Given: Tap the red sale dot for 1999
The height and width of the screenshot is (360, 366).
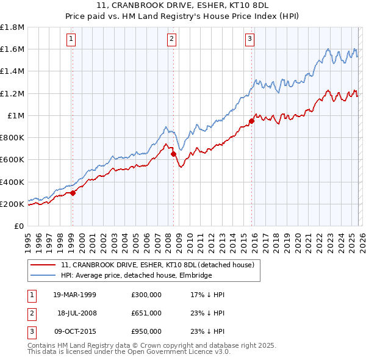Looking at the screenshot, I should (x=73, y=193).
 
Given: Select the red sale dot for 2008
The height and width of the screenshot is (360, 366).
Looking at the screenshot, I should (x=173, y=154).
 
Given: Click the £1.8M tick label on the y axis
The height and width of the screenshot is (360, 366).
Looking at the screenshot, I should (x=12, y=27).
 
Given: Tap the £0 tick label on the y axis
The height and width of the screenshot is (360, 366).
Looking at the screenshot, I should (x=20, y=226).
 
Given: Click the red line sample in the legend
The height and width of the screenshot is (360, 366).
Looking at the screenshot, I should (x=44, y=264).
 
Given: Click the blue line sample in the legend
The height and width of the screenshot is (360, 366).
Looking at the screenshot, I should (x=44, y=276).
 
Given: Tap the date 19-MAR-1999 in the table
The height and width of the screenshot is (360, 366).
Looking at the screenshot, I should (x=75, y=295).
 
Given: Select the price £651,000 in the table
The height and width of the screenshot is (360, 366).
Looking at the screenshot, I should (x=146, y=313).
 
